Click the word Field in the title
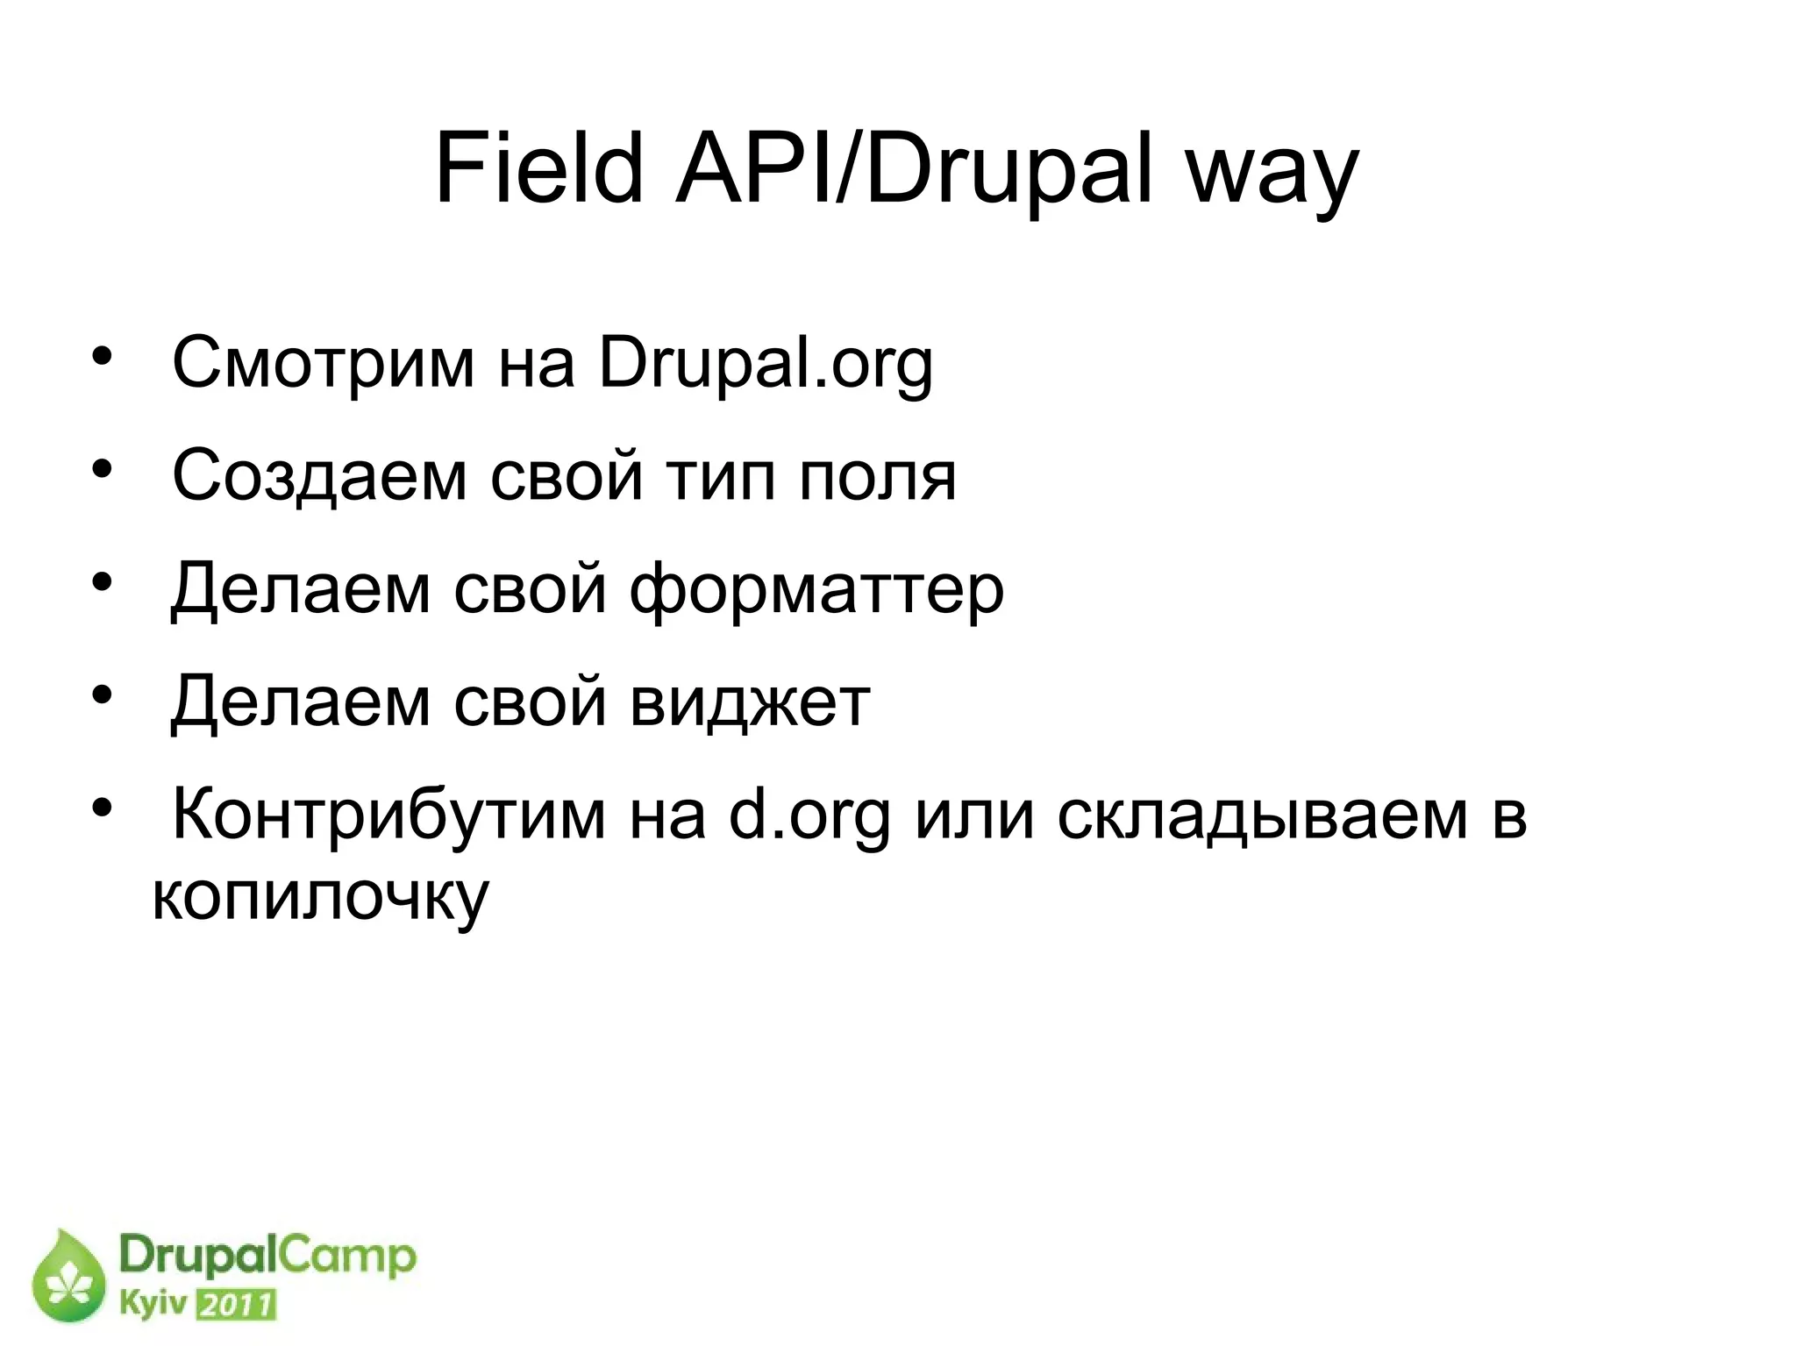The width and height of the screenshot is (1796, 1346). pos(539,168)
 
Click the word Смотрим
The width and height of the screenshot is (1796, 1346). pos(323,363)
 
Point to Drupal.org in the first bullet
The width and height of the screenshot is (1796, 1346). pos(766,365)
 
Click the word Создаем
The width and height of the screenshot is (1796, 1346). pos(319,476)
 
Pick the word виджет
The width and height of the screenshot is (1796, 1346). pos(750,703)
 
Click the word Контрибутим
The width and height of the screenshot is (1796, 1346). pos(388,815)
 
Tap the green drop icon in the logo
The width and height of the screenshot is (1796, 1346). pos(68,1278)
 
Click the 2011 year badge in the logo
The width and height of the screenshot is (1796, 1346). pos(234,1306)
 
